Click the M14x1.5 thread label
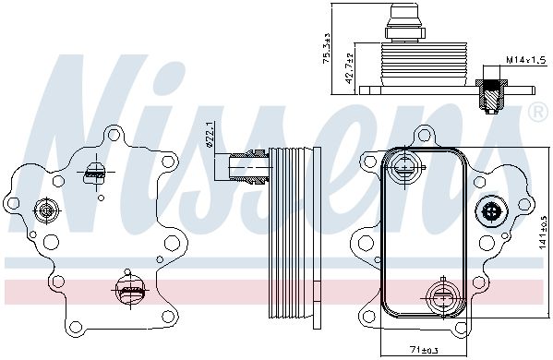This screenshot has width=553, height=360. click(526, 60)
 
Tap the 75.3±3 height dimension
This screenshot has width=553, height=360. click(327, 48)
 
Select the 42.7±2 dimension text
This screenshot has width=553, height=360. click(349, 68)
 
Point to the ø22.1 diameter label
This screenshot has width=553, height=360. click(210, 134)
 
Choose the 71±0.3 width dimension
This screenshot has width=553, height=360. click(424, 351)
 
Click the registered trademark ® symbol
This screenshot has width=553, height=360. click(539, 112)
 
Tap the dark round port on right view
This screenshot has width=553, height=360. click(492, 211)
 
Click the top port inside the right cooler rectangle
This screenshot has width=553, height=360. click(404, 166)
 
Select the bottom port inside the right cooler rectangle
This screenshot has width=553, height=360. click(442, 297)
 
